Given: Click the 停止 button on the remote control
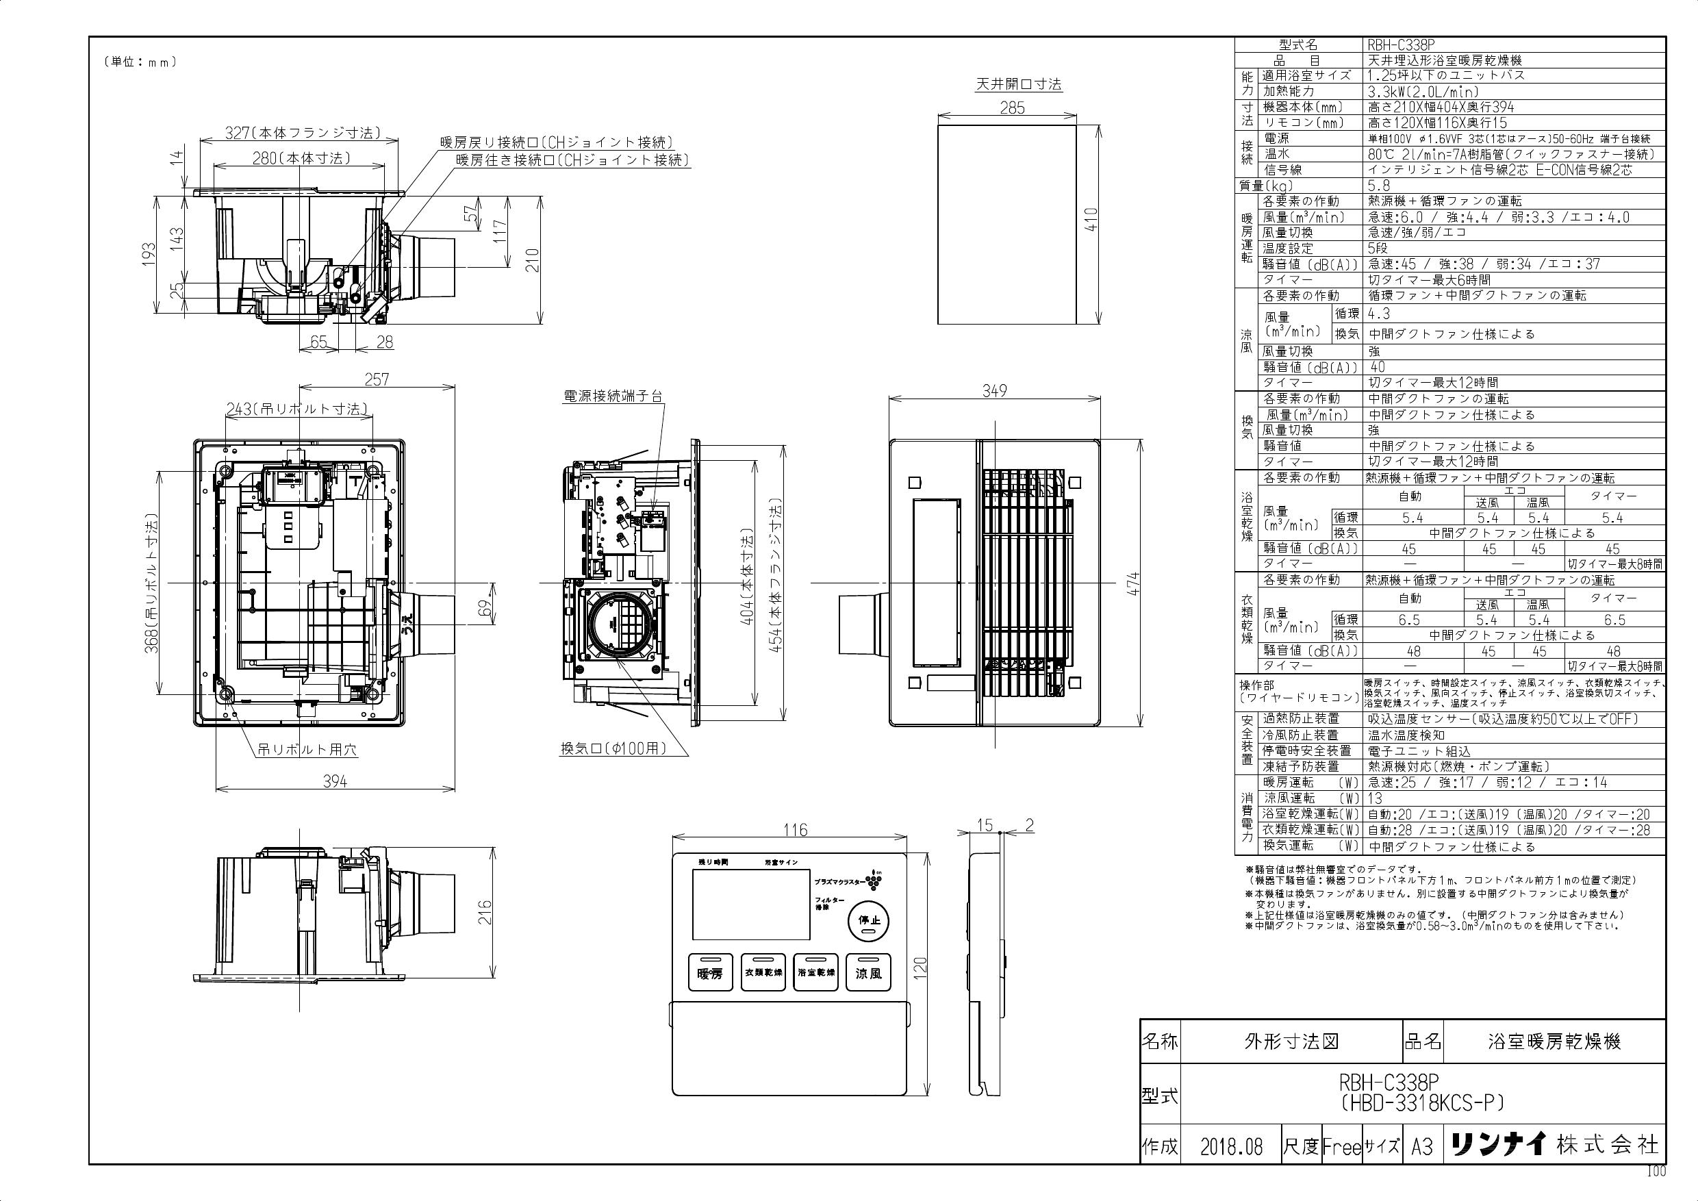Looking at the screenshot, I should [x=868, y=922].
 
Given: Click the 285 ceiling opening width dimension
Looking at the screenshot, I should [x=1013, y=108].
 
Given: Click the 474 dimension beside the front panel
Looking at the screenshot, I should [x=1133, y=584].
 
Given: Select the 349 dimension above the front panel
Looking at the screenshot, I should [x=995, y=390].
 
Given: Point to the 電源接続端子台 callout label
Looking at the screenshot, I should [x=613, y=396].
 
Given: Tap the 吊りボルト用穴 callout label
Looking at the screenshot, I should [x=307, y=749].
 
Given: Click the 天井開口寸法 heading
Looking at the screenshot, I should [x=1018, y=84].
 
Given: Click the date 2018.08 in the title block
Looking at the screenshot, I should [x=1231, y=1147].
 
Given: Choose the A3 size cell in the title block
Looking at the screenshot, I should [x=1422, y=1147].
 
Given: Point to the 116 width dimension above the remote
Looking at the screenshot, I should [x=795, y=831].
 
